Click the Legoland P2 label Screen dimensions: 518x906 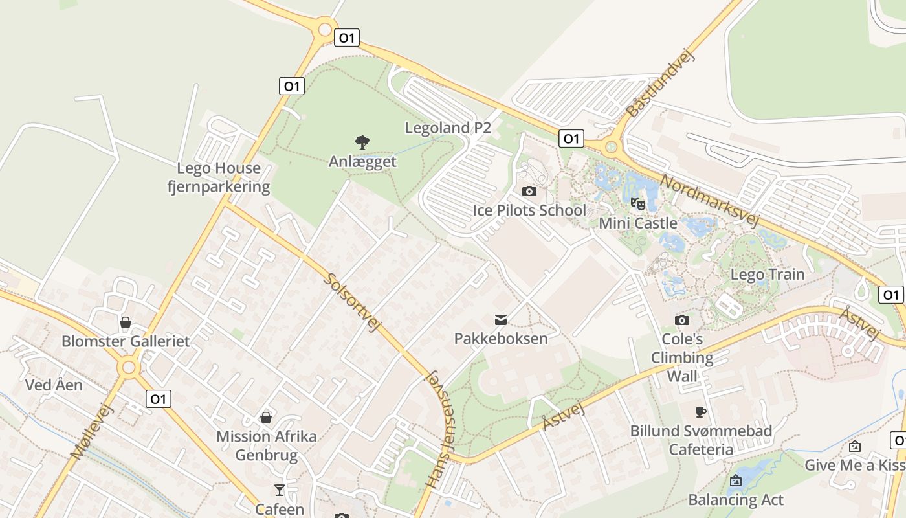pyautogui.click(x=448, y=128)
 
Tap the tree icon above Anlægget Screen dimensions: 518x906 pyautogui.click(x=362, y=142)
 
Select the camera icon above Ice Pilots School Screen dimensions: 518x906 pyautogui.click(x=529, y=191)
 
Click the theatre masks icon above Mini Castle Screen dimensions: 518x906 pyautogui.click(x=638, y=204)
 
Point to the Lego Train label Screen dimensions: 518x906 pyautogui.click(x=768, y=274)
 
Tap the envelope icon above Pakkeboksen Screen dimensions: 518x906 pyautogui.click(x=501, y=319)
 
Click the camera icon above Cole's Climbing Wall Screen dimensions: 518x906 pyautogui.click(x=682, y=320)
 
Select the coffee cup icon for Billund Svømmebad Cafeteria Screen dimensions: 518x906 pyautogui.click(x=700, y=412)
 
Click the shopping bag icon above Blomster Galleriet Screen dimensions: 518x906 pyautogui.click(x=126, y=322)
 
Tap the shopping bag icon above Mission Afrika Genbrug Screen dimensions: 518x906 pyautogui.click(x=266, y=418)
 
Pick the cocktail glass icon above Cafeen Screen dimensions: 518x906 pyautogui.click(x=279, y=490)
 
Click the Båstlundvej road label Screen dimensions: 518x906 pyautogui.click(x=660, y=85)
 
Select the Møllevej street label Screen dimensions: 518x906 pyautogui.click(x=92, y=431)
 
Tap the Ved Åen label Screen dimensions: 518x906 pyautogui.click(x=54, y=385)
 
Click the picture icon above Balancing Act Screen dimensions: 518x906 pyautogui.click(x=735, y=480)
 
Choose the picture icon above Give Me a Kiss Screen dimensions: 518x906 pyautogui.click(x=855, y=446)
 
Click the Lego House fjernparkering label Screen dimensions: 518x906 pyautogui.click(x=219, y=177)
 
